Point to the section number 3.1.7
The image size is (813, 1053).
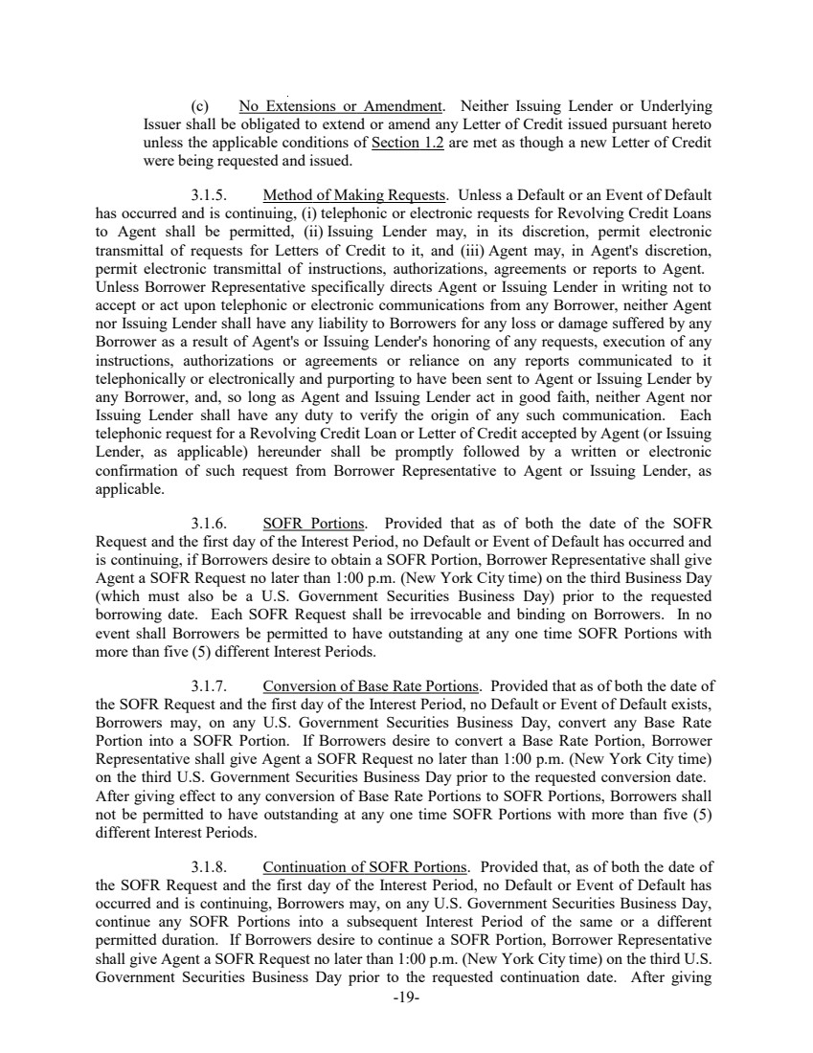coord(209,685)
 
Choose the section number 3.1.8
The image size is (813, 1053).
coord(209,847)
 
